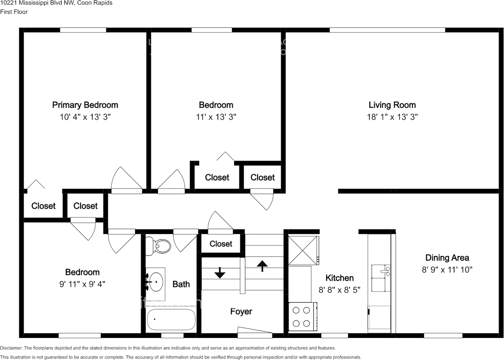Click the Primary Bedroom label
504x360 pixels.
[85, 105]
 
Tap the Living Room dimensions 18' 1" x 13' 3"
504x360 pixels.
[392, 117]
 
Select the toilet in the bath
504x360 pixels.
[158, 246]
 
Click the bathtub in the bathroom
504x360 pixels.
[171, 319]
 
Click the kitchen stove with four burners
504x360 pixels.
[303, 317]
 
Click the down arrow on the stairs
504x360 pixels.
[219, 272]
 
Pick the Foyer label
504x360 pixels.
[241, 312]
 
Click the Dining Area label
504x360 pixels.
[447, 258]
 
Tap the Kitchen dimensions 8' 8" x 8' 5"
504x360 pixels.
[339, 289]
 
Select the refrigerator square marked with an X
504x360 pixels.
[303, 250]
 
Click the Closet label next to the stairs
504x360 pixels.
[221, 244]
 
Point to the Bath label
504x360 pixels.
[181, 284]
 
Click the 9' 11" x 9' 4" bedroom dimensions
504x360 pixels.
[82, 284]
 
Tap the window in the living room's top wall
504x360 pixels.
[387, 30]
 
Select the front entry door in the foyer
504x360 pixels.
[255, 332]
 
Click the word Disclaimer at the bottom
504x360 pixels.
[12, 348]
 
